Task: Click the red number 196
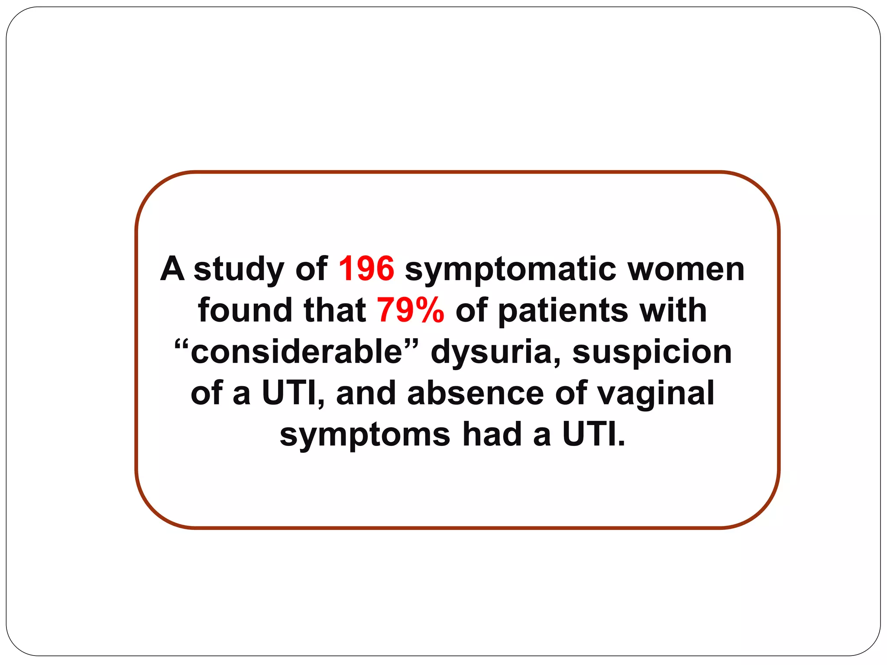(366, 269)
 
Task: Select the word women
(686, 269)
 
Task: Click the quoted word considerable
(297, 352)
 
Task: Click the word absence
(476, 393)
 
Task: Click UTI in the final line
(593, 434)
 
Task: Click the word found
(245, 310)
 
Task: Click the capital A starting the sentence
(172, 269)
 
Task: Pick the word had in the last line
(492, 434)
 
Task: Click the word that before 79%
(335, 310)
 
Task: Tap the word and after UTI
(366, 393)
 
